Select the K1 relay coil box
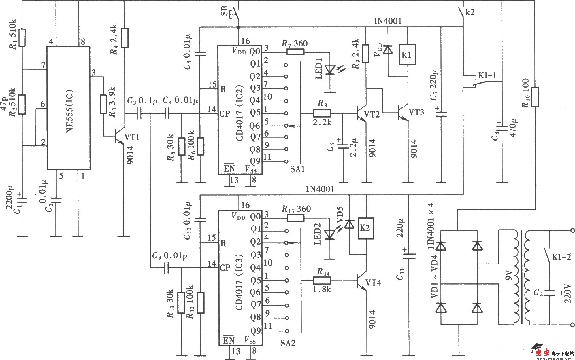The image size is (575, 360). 407,55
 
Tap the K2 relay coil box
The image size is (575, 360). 366,228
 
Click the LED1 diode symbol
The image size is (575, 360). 330,69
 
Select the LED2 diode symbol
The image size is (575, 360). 329,234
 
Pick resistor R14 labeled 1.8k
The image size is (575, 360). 322,280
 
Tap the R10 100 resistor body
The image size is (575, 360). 535,97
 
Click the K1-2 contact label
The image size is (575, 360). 561,257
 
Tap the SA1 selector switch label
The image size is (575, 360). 297,169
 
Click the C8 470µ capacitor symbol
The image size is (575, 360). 502,127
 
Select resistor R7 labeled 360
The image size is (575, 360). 295,52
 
